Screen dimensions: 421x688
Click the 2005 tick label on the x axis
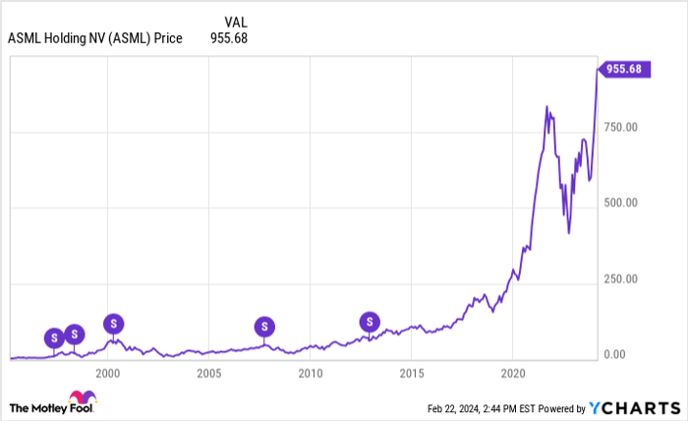click(207, 373)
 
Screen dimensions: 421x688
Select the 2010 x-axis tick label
click(310, 373)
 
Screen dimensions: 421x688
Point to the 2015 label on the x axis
click(411, 373)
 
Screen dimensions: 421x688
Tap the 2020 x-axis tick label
click(512, 373)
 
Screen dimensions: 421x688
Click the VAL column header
click(235, 21)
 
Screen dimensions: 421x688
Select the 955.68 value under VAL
click(231, 38)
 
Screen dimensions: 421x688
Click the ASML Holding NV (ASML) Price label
click(94, 38)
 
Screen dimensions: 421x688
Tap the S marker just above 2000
click(114, 323)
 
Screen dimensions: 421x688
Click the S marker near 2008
click(263, 327)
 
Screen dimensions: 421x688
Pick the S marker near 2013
click(369, 321)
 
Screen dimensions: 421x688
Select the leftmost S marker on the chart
click(53, 337)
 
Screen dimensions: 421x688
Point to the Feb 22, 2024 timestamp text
click(481, 407)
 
